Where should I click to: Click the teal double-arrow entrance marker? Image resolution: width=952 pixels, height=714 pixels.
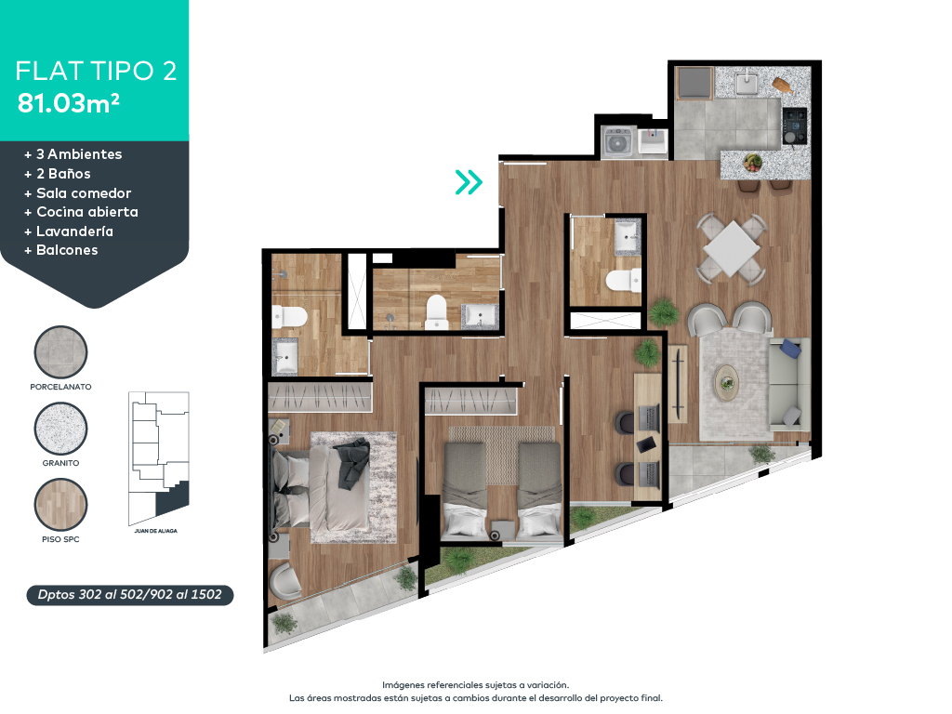469,182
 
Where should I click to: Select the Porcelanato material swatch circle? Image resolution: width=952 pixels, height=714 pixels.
60,352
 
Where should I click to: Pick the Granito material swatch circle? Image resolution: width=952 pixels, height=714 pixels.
60,430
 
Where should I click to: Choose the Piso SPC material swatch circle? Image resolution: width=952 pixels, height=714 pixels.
60,506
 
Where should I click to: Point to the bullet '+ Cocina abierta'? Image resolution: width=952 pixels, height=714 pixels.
81,212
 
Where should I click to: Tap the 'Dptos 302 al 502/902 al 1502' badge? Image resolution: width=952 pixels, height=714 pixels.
129,595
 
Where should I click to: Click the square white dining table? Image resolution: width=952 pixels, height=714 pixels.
732,248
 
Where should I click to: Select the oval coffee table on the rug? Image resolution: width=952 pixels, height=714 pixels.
726,381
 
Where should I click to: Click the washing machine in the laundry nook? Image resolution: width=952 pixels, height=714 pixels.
615,142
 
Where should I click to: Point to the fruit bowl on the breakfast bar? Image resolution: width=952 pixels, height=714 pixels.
752,164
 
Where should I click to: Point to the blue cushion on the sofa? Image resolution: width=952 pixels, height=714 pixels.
790,349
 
